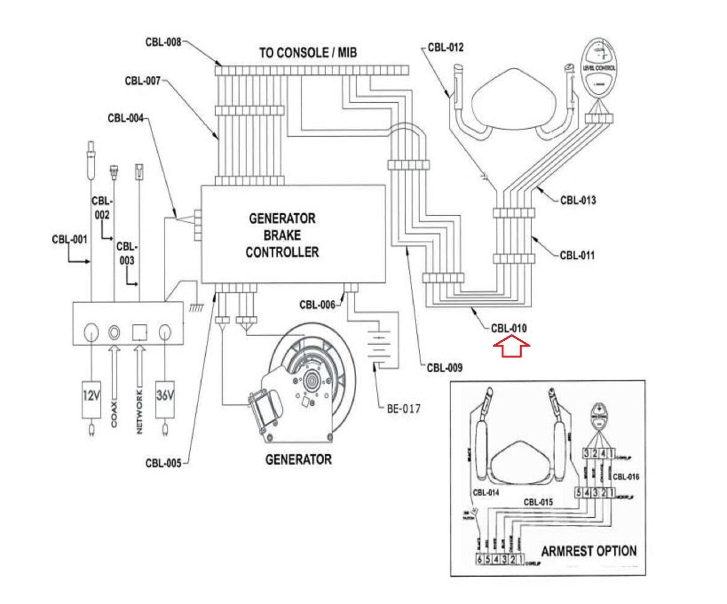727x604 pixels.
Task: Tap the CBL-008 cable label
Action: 163,42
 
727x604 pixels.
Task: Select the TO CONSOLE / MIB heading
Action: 308,53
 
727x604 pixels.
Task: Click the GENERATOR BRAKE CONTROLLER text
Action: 282,235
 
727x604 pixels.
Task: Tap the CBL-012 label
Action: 445,48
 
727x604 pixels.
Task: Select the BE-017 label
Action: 403,408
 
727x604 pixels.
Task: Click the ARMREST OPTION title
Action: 588,551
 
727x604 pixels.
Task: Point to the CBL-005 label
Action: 163,463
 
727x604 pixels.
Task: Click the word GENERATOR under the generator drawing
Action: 298,459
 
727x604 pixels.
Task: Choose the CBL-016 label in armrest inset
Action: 626,477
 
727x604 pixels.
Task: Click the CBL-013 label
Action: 578,200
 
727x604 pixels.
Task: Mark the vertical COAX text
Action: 114,414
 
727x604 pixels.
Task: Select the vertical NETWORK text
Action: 139,412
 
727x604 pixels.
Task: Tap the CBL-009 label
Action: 444,367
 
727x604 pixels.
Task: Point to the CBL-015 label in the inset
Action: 538,502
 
